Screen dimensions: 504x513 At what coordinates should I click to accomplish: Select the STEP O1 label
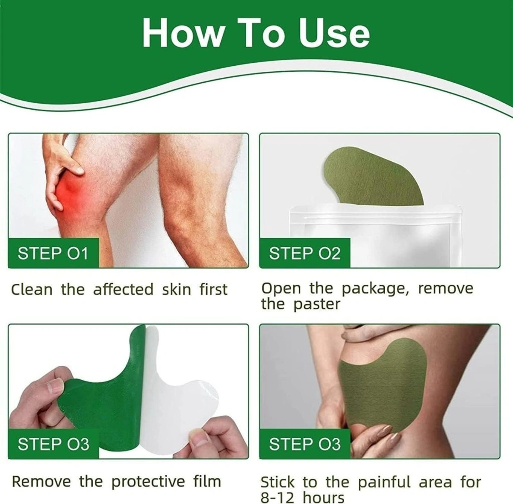click(53, 253)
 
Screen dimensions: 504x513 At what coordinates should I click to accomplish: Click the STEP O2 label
click(304, 253)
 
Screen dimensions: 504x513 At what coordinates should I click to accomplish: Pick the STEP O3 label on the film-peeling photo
click(53, 444)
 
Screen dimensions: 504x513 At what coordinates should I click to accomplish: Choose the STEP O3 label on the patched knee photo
click(304, 444)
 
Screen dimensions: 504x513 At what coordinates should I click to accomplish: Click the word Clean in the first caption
click(31, 289)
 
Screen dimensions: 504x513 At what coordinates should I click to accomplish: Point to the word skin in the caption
click(176, 289)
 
